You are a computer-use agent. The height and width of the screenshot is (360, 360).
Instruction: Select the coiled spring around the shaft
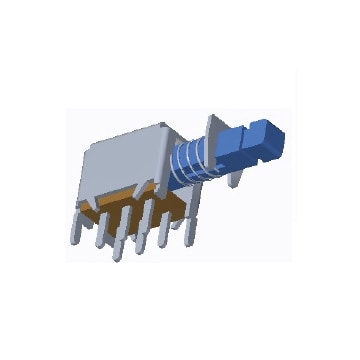click(x=191, y=159)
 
